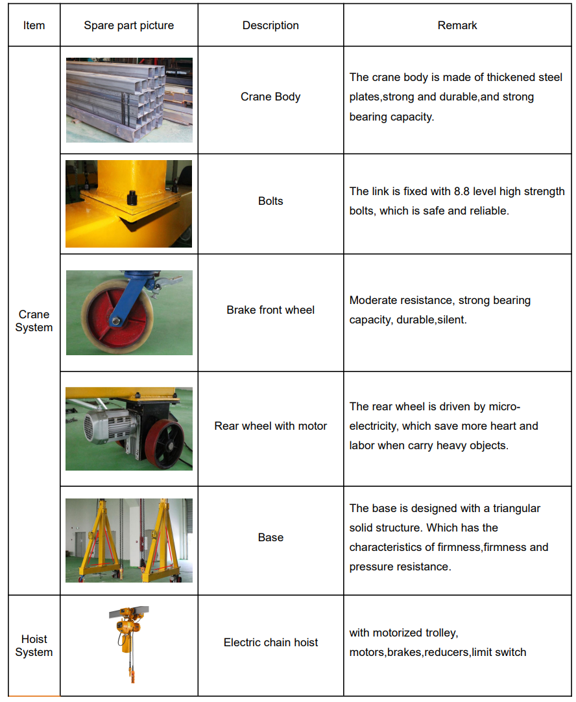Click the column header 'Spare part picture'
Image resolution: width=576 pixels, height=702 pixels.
pyautogui.click(x=129, y=26)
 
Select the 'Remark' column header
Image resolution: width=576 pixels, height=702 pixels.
pyautogui.click(x=457, y=26)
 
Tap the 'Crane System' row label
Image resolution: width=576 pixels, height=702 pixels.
pyautogui.click(x=34, y=321)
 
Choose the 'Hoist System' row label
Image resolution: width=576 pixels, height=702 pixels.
pyautogui.click(x=34, y=646)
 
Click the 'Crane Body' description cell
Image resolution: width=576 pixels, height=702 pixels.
pyautogui.click(x=270, y=97)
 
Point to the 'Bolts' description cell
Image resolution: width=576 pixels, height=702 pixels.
pyautogui.click(x=270, y=201)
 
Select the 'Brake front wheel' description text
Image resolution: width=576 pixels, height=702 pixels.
pyautogui.click(x=270, y=310)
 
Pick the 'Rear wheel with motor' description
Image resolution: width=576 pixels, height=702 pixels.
pyautogui.click(x=270, y=426)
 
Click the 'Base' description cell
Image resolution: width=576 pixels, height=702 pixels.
pyautogui.click(x=270, y=537)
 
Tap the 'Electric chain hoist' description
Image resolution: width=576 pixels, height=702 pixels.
pyautogui.click(x=270, y=642)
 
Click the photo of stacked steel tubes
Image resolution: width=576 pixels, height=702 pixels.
pyautogui.click(x=129, y=100)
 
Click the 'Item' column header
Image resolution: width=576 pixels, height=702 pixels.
pyautogui.click(x=34, y=26)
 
